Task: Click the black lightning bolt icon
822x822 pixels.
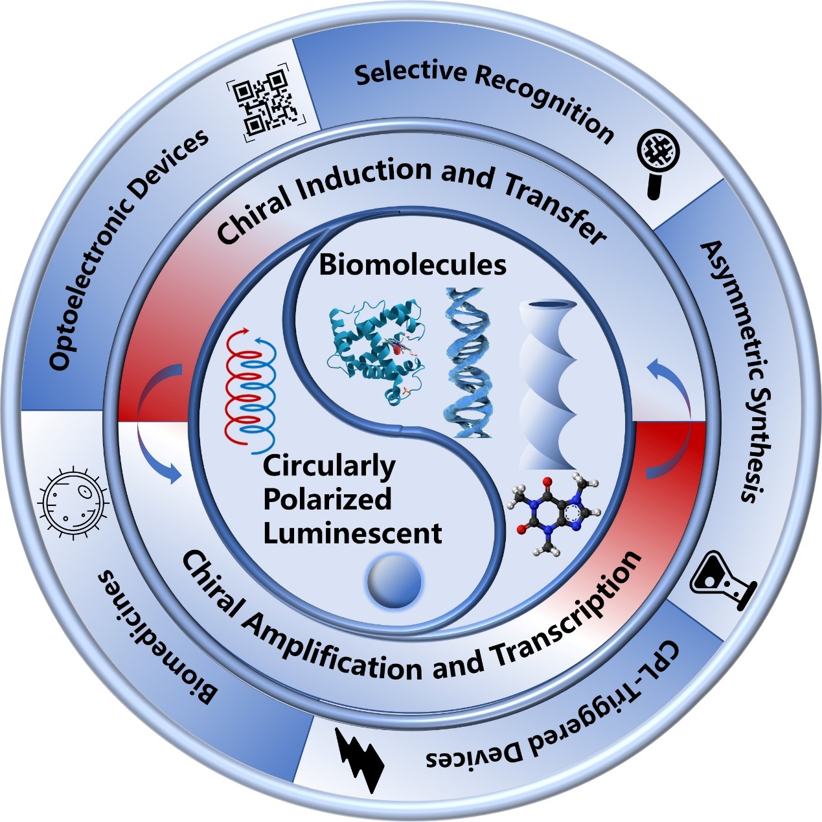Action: [360, 758]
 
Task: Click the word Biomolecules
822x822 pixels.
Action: [413, 265]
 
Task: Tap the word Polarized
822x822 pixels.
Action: [327, 499]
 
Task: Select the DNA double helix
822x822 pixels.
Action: [470, 363]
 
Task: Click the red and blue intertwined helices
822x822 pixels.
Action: [249, 389]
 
